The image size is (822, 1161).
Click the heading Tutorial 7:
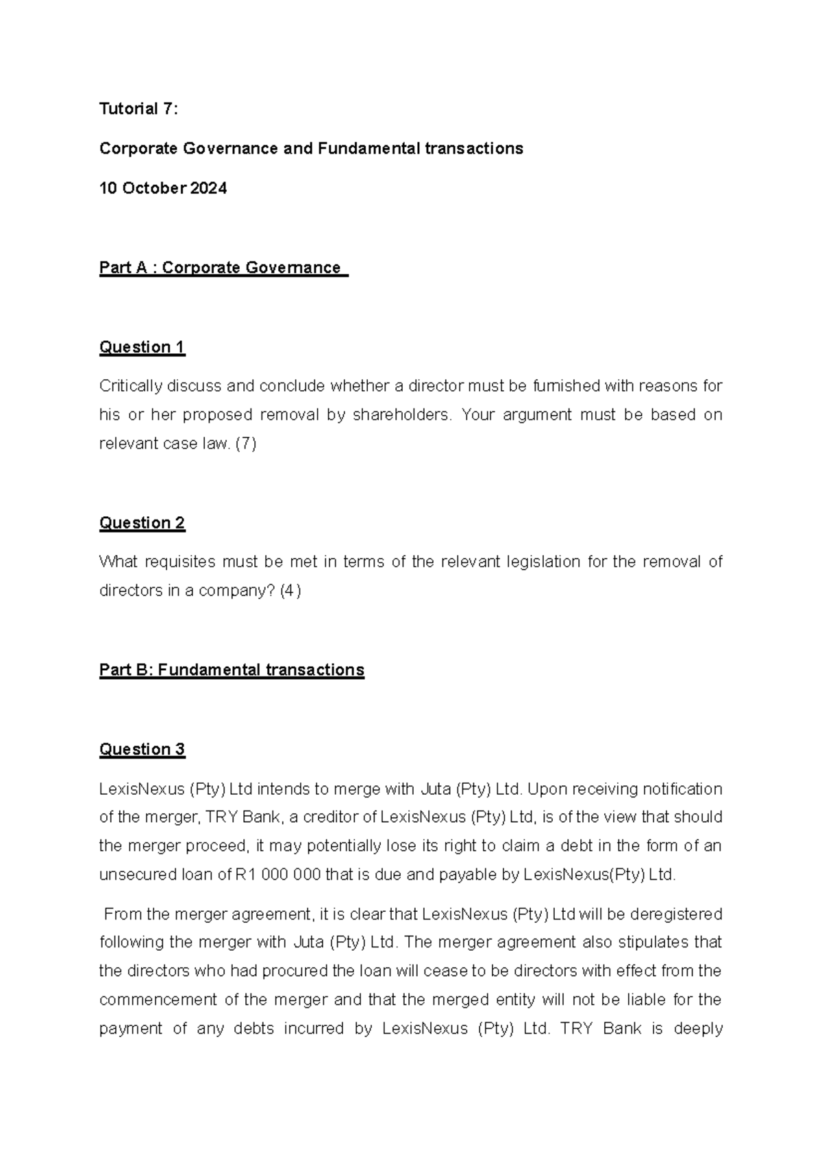[x=138, y=109]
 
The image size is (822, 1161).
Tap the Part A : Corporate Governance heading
[x=223, y=268]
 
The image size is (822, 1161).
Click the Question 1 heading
[x=142, y=347]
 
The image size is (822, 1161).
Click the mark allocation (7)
[x=246, y=444]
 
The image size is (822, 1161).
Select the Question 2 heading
[x=142, y=523]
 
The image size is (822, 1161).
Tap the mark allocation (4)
[x=290, y=591]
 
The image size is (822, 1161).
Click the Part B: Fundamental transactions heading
[x=232, y=669]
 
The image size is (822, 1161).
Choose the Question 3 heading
[x=142, y=750]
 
